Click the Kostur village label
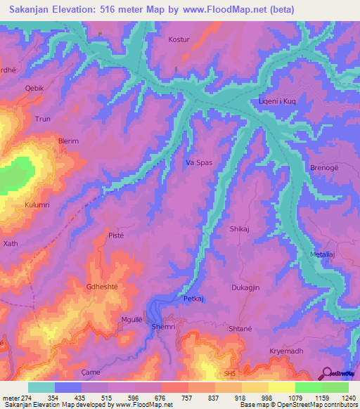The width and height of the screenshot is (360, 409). [179, 40]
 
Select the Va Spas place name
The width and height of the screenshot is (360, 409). [198, 162]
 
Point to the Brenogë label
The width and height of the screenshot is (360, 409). [324, 168]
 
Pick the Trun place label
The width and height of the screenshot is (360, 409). [43, 119]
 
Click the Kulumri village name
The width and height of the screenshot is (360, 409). [37, 204]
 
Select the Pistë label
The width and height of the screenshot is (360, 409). [116, 235]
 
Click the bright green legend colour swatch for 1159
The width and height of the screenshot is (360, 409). [309, 387]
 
